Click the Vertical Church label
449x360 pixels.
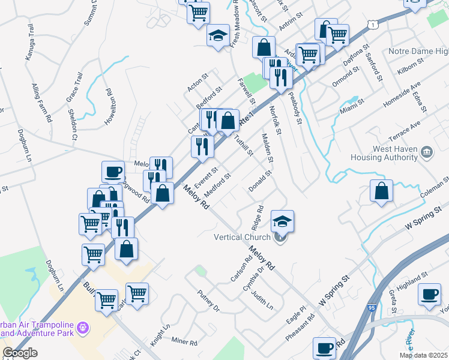[x=242, y=237]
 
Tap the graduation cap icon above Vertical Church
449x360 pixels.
[x=282, y=221]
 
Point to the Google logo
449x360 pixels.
[x=20, y=353]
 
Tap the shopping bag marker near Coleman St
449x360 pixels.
[x=382, y=191]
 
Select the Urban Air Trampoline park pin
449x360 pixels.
[x=83, y=328]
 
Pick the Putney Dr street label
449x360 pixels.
[x=208, y=301]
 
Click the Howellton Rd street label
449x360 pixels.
[x=110, y=107]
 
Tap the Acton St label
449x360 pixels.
[x=197, y=83]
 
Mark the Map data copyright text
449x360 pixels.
[x=424, y=355]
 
